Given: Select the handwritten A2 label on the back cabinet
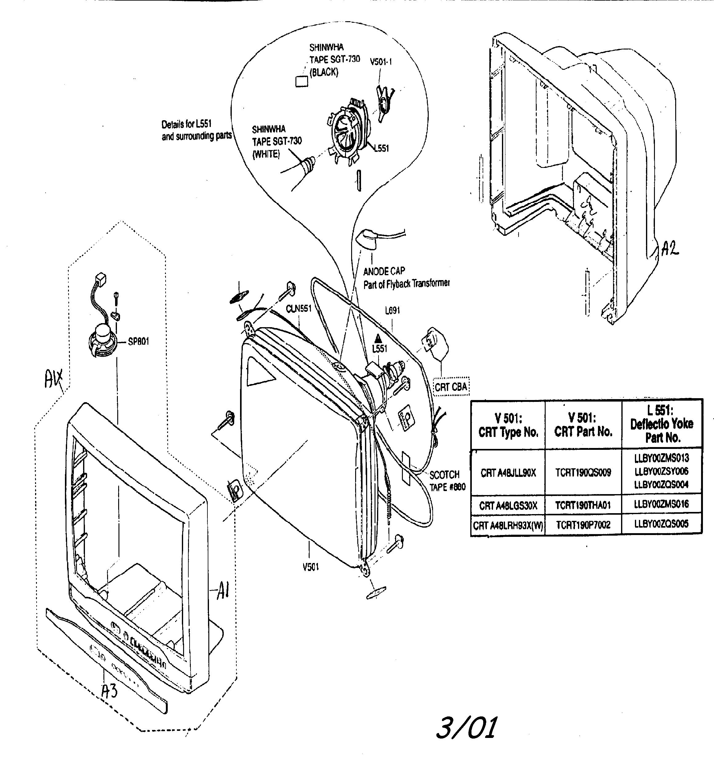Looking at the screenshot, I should [670, 249].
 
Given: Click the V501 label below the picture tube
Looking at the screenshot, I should [311, 567].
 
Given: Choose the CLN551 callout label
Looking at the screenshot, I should [299, 308].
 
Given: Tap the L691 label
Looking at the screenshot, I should [392, 311].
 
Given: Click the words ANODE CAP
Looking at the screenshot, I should [384, 272].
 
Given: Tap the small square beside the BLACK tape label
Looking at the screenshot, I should [302, 81].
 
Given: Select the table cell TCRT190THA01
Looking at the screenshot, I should [583, 505].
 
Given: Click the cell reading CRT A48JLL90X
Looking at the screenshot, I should [508, 473].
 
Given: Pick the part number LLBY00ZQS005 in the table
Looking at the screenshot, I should [661, 524].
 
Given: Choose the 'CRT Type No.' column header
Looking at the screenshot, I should [508, 425].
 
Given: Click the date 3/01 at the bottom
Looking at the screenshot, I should [467, 728].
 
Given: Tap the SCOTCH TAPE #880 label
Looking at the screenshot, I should [447, 481].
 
